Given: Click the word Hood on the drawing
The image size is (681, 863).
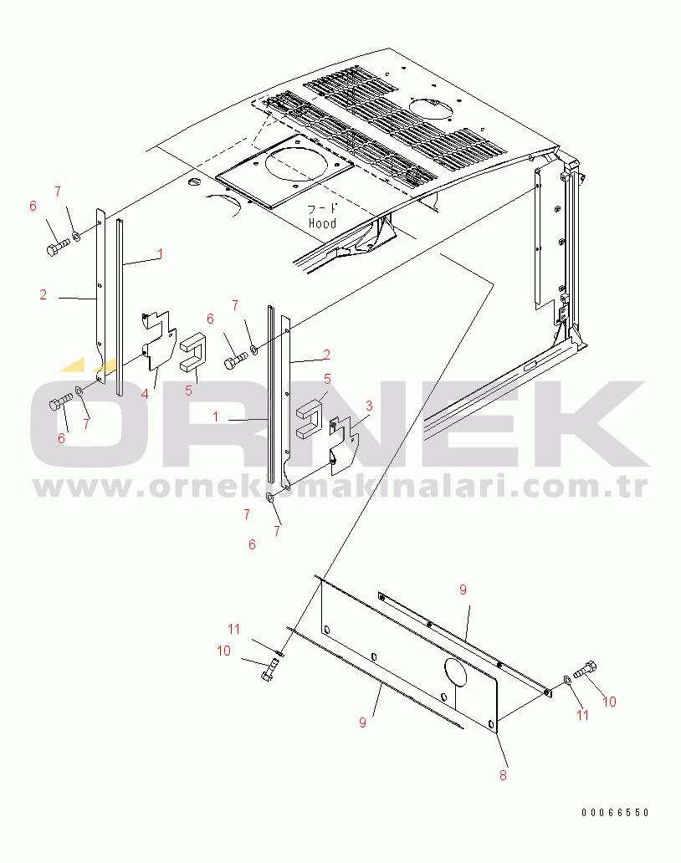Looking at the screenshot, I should point(322,223).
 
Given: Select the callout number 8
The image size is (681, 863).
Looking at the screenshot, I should point(503,775).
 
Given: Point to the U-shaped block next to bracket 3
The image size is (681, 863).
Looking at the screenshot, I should point(310,415).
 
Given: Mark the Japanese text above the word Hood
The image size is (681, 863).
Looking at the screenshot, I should point(324,209).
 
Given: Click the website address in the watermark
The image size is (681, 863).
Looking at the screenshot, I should point(340,485).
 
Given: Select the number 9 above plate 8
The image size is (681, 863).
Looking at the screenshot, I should point(462,590).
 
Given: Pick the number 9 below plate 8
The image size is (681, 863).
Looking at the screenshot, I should point(362,723).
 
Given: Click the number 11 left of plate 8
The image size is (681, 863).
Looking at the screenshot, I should point(236,628).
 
